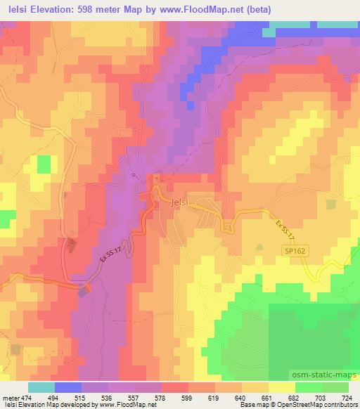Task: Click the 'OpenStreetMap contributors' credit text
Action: [316, 405]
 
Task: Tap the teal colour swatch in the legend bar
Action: [41, 387]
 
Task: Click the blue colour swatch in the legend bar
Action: [68, 387]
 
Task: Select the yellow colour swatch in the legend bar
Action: [282, 387]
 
